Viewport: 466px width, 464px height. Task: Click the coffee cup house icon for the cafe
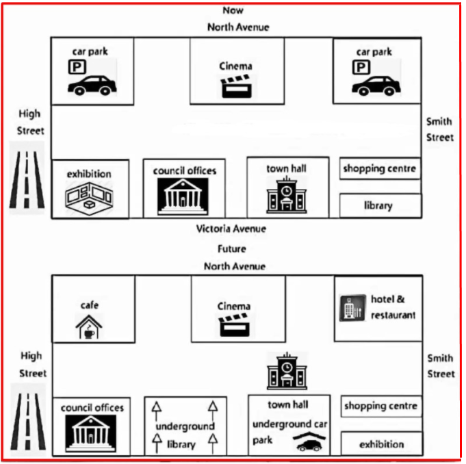89,326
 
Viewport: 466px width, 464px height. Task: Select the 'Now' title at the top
233,10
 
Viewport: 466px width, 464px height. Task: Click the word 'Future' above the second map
232,249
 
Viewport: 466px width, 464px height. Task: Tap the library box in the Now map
378,205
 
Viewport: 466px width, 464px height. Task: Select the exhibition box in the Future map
381,444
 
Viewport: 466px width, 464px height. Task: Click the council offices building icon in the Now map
183,195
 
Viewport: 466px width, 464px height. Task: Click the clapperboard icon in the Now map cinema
235,87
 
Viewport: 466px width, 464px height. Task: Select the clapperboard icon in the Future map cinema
234,326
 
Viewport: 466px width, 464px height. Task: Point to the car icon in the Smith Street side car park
376,86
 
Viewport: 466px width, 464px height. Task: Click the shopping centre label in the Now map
379,168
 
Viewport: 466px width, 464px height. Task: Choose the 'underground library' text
185,435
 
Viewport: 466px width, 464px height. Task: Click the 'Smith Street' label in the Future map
440,365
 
